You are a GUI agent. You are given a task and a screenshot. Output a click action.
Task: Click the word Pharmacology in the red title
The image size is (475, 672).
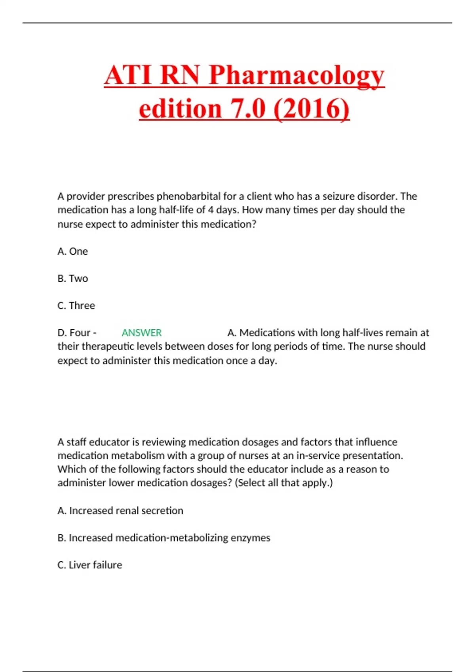click(x=296, y=75)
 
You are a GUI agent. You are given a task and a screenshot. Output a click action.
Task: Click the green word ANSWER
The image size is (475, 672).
click(x=141, y=333)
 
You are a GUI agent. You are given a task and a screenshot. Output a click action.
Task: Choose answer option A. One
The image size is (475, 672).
click(x=73, y=251)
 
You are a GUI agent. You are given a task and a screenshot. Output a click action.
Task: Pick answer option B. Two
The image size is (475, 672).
click(x=73, y=279)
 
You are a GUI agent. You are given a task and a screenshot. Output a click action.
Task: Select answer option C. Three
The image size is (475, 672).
click(x=76, y=306)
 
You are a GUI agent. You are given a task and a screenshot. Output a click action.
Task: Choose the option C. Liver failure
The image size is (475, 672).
click(x=90, y=565)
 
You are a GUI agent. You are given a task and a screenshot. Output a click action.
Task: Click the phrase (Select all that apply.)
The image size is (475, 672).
click(x=284, y=483)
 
